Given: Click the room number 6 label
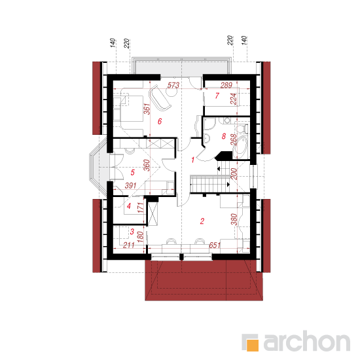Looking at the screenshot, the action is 160,121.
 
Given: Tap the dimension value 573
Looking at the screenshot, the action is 173,85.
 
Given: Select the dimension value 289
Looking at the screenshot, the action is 226,85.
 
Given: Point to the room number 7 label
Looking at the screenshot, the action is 217,96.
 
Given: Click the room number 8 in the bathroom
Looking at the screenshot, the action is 224,136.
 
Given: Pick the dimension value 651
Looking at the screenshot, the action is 215,245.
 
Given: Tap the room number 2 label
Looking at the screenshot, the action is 202,221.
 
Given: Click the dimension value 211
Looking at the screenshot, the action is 128,245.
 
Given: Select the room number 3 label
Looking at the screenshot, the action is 132,232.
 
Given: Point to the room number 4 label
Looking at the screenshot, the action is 129,206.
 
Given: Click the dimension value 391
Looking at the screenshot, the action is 131,185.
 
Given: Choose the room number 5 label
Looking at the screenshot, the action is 132,172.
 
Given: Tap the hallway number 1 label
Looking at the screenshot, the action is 193,160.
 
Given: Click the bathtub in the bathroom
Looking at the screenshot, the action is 240,145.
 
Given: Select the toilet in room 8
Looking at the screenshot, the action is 242,128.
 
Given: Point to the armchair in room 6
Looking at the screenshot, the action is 160,98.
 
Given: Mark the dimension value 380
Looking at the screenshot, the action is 234,219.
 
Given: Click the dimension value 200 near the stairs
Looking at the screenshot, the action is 233,174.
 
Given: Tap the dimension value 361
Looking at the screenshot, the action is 147,109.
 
